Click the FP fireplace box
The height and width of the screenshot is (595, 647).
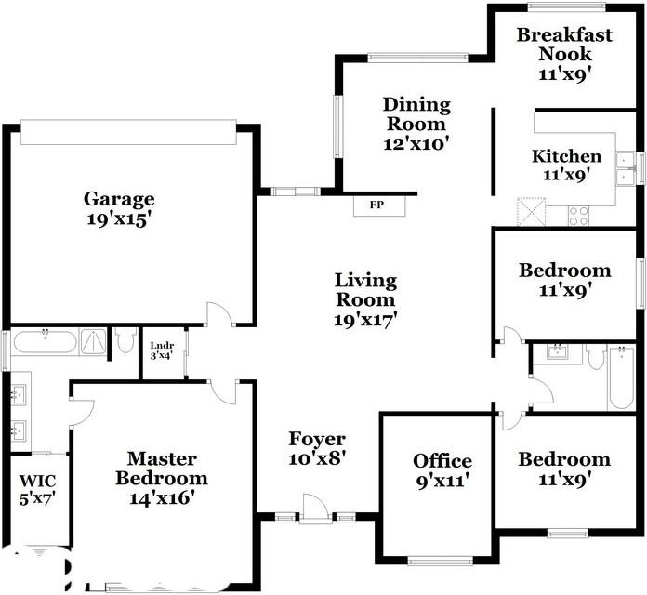click(x=379, y=205)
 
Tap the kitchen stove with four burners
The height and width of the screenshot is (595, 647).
click(x=578, y=216)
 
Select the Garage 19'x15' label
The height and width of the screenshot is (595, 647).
click(x=119, y=209)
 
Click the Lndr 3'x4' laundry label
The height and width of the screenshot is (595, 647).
click(x=162, y=350)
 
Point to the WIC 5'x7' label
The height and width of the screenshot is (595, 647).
click(x=38, y=490)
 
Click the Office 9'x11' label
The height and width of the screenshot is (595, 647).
click(x=442, y=470)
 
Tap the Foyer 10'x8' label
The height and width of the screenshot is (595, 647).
click(x=317, y=448)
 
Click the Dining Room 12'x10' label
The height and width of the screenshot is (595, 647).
click(x=416, y=124)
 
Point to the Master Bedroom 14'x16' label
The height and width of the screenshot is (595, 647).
click(x=162, y=478)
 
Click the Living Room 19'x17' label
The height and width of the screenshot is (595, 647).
click(x=365, y=300)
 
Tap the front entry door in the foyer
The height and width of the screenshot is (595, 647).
click(x=316, y=509)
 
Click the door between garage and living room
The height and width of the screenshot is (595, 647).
click(x=220, y=315)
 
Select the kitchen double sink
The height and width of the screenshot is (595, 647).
click(x=625, y=168)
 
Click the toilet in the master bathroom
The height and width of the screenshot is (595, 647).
click(x=125, y=340)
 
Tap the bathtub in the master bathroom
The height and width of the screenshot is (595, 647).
click(x=45, y=341)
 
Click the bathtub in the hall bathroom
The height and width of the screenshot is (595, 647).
click(x=621, y=378)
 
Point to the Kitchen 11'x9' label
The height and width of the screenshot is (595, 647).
click(x=566, y=165)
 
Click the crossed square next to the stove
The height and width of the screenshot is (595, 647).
click(x=532, y=212)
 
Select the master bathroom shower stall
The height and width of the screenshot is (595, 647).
click(x=93, y=341)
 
